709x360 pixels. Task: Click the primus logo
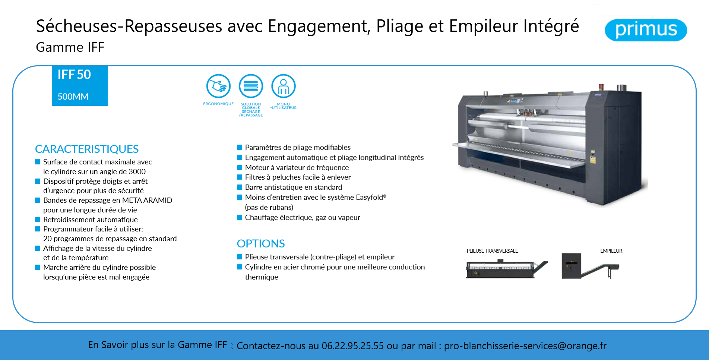coord(646,30)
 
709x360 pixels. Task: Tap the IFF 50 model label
coord(74,75)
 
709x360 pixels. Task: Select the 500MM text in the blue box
coord(73,97)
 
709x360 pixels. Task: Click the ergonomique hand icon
coord(218,86)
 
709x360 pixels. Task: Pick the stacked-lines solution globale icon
coord(251,86)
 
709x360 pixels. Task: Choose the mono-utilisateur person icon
coord(284,86)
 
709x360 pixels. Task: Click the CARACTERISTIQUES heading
coord(87,149)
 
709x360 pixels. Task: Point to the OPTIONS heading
coord(261,244)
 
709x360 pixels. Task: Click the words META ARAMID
coord(147,200)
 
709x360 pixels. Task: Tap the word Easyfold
coord(370,197)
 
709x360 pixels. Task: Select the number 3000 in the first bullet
coord(137,171)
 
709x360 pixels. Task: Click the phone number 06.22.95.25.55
coord(352,346)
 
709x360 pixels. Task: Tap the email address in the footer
coord(525,346)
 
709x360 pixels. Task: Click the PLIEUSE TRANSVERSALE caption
coord(492,251)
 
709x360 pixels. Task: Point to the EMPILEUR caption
coord(611,251)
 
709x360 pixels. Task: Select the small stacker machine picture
coord(590,266)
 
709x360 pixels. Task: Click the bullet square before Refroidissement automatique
coord(38,220)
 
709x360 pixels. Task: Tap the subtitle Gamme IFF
coord(70,47)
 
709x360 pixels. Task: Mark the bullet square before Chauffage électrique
coord(240,217)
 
